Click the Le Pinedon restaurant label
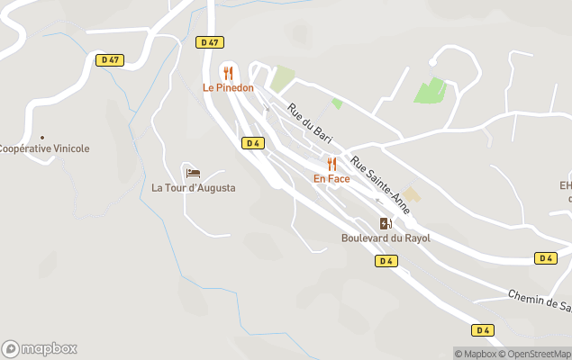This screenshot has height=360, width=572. click(x=228, y=88)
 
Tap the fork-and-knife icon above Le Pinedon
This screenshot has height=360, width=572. click(x=228, y=73)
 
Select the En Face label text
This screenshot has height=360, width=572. click(x=331, y=178)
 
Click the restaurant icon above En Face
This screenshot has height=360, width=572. click(x=331, y=164)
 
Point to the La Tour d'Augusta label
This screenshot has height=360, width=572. click(x=193, y=188)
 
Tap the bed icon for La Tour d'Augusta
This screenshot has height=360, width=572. click(x=193, y=173)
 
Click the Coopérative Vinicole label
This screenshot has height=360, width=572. click(x=44, y=148)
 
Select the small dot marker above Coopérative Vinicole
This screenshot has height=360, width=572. click(x=42, y=138)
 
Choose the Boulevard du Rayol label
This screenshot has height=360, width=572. click(x=386, y=238)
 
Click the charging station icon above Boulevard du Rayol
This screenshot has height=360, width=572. click(x=386, y=223)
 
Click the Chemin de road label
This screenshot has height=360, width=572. click(x=540, y=301)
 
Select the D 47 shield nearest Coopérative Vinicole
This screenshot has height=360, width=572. click(x=110, y=60)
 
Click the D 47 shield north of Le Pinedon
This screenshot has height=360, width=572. click(x=209, y=42)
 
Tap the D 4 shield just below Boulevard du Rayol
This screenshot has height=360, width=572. click(x=386, y=261)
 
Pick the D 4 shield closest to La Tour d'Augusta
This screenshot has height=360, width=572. click(x=252, y=143)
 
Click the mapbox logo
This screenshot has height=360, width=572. click(x=40, y=348)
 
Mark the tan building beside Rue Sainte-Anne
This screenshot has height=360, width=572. click(x=412, y=194)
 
